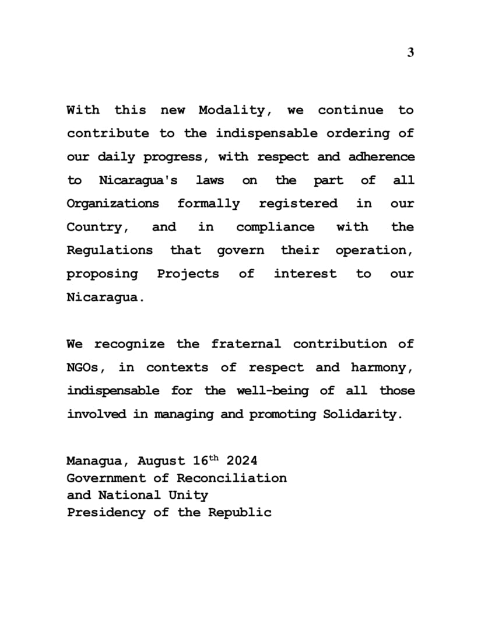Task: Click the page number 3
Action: [410, 52]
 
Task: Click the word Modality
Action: [231, 110]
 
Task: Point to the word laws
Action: [209, 180]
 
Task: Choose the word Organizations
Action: [113, 204]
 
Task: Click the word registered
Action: [298, 204]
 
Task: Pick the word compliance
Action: [275, 227]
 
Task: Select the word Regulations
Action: [110, 250]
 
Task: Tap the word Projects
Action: [188, 274]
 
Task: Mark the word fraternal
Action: [245, 344]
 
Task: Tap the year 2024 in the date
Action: [241, 461]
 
